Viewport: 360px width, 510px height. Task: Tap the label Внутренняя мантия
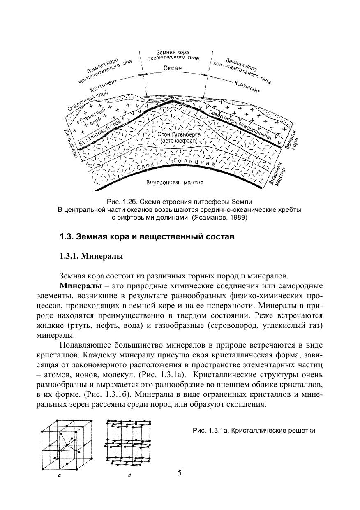tap(175, 182)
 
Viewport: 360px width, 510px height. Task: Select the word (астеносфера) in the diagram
tap(179, 141)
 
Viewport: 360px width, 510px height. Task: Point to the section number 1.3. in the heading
tap(66, 237)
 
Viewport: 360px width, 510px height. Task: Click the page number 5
tap(180, 472)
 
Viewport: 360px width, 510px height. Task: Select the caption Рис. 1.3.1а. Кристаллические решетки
tap(254, 431)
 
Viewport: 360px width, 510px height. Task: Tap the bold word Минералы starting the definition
tap(80, 286)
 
